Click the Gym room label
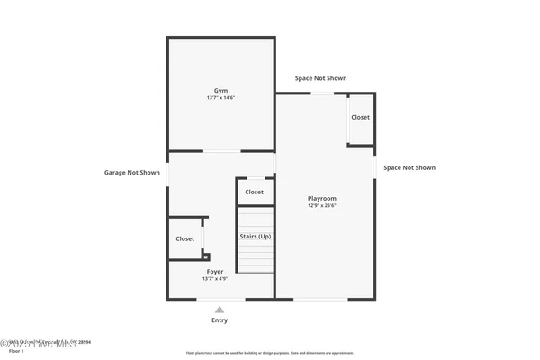220,91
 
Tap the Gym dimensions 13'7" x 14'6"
220,98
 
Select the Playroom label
321,198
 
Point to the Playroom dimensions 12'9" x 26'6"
321,206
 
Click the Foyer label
214,271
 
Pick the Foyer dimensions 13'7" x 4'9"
214,279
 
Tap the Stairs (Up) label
255,237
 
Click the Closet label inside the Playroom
360,118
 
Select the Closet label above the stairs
255,192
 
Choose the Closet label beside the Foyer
184,238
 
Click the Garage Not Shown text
132,172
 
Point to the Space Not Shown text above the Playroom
320,78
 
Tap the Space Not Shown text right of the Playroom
409,167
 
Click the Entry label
220,320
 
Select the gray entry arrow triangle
220,310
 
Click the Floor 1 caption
12,350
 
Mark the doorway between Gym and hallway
221,151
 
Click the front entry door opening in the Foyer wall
220,299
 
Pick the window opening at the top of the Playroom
322,94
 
